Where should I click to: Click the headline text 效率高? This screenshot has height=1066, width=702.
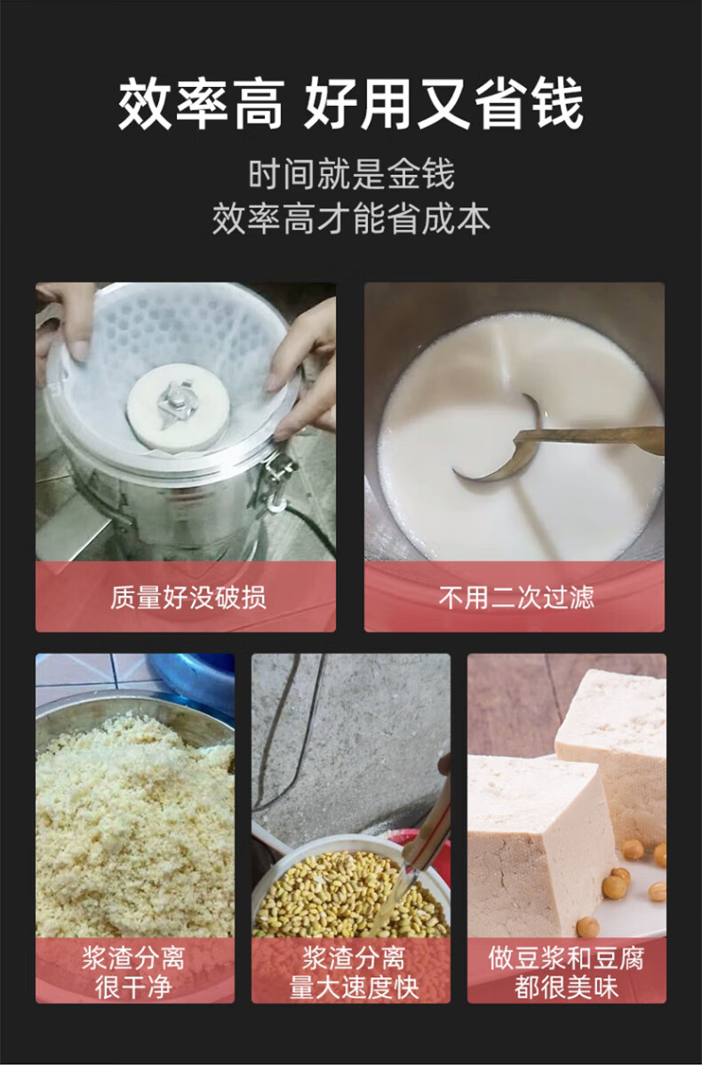click(200, 105)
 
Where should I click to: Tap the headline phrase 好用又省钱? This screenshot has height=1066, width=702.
click(443, 105)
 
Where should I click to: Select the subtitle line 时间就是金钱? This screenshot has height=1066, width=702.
click(351, 175)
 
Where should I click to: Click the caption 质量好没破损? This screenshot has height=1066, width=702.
click(188, 597)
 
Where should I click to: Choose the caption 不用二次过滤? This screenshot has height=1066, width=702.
click(516, 597)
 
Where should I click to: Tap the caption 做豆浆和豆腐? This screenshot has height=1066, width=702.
click(566, 959)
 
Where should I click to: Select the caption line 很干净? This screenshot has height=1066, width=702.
click(134, 988)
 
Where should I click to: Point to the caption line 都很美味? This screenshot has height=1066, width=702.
click(566, 988)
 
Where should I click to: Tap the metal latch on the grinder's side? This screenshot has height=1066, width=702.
click(279, 481)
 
